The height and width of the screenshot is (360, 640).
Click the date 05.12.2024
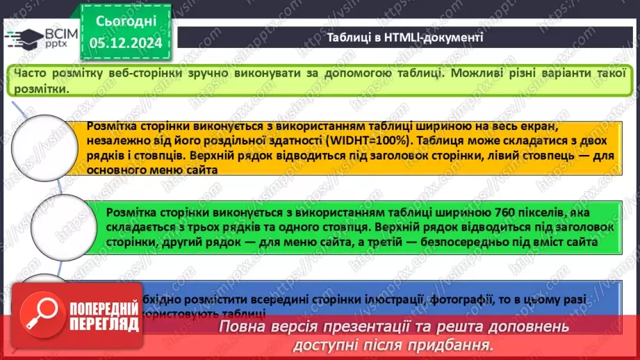[126, 43]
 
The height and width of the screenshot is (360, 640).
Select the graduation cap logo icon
[23, 39]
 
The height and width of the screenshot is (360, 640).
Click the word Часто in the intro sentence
[30, 72]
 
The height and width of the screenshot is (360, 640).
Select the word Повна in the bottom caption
[241, 327]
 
